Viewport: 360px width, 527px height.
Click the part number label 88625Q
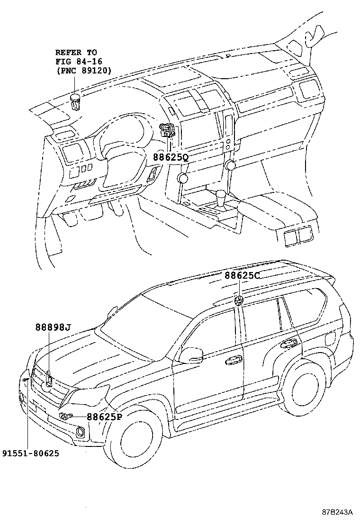coord(171,157)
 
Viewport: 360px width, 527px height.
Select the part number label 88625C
coord(242,275)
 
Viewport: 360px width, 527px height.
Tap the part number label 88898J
coord(53,327)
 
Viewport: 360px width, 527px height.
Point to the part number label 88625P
coord(104,417)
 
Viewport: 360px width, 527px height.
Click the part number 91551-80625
coord(30,454)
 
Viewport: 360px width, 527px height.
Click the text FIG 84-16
coord(78,62)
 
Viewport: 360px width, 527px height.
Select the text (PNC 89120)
coord(83,71)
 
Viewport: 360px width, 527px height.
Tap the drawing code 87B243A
coord(338,513)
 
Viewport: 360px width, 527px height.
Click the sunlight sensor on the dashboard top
coord(74,101)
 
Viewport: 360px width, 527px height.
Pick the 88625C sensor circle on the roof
coord(239,300)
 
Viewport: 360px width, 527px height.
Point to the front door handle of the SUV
coord(233,361)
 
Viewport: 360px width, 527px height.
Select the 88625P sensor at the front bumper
coord(64,417)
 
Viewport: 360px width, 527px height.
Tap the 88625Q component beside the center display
coord(167,129)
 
